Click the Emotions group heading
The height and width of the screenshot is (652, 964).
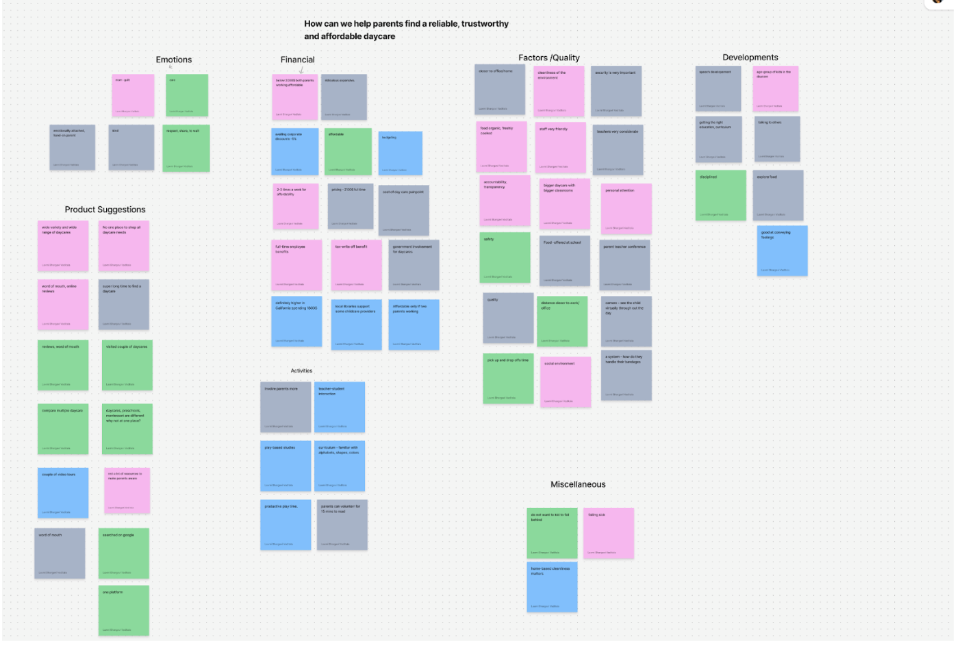[x=173, y=60]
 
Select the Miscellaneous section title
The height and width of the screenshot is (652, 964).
[x=578, y=484]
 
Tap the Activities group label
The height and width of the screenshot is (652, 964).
[x=301, y=371]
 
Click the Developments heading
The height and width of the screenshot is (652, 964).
[x=750, y=58]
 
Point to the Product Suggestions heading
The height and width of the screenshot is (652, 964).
[x=105, y=210]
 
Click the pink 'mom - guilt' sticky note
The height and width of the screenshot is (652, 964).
[x=133, y=95]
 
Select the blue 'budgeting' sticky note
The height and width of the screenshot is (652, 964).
[x=401, y=153]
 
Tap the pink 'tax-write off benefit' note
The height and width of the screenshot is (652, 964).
[x=357, y=265]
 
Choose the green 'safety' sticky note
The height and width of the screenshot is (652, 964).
[x=505, y=257]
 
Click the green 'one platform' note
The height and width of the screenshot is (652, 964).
[x=124, y=610]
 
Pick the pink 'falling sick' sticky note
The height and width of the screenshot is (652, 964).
[x=609, y=533]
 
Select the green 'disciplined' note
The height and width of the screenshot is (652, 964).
[x=721, y=195]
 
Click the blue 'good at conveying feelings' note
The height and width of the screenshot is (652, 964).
[x=782, y=250]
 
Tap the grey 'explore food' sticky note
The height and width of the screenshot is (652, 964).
[x=778, y=195]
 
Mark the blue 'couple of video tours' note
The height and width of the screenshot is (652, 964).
[x=63, y=493]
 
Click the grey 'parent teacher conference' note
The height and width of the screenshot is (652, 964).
[x=624, y=265]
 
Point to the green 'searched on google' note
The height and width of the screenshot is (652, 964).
[x=124, y=553]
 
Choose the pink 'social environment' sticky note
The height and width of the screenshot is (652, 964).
[x=566, y=381]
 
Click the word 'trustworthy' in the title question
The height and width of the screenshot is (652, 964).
[x=485, y=24]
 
